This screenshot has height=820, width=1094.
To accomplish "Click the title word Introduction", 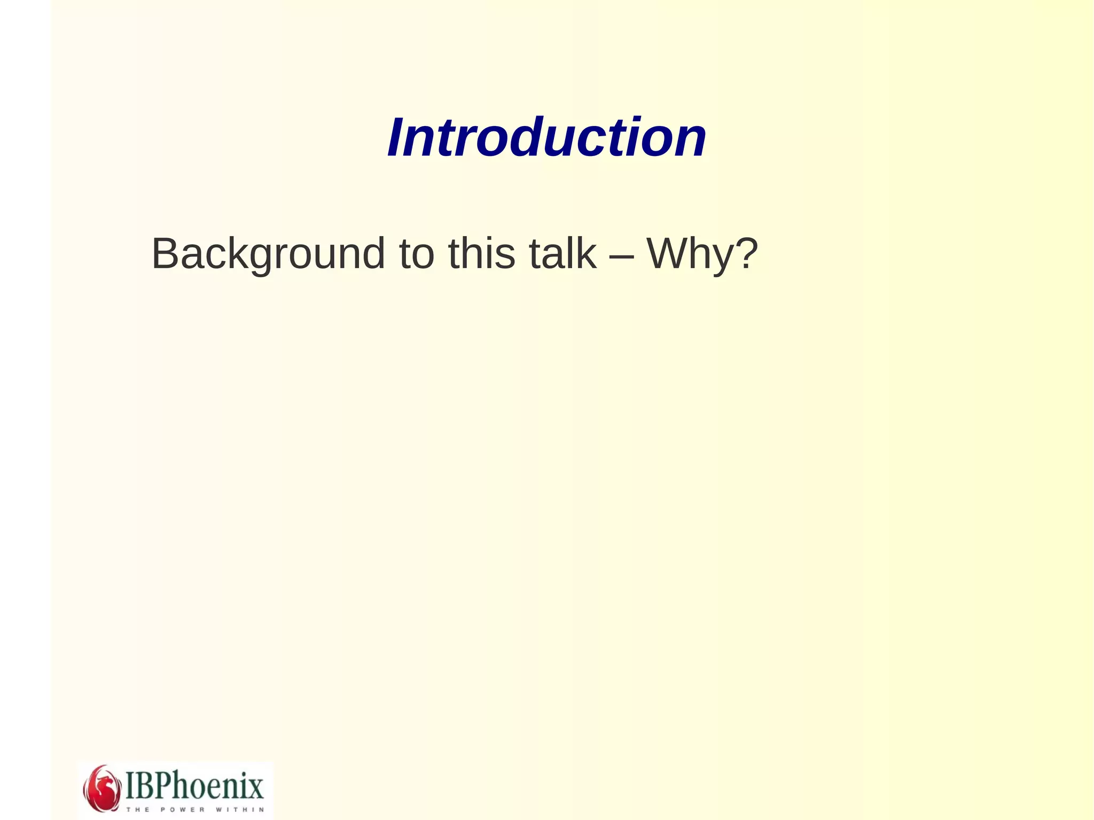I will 546,138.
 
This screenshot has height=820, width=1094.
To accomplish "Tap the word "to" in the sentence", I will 417,254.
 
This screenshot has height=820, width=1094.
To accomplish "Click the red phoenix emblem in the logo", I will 101,788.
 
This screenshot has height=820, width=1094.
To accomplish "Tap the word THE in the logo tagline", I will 138,809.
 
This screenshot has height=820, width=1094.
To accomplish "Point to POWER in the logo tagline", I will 183,809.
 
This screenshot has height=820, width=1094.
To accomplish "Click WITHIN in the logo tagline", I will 240,809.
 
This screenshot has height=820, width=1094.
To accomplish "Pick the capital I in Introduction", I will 397,138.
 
